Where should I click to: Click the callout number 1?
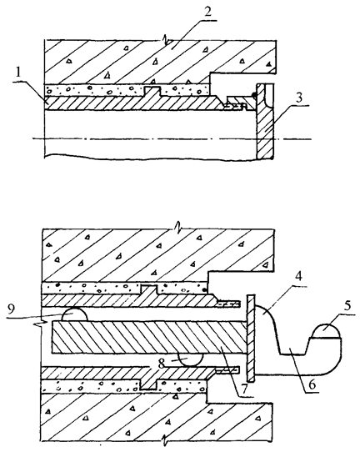pos(18,73)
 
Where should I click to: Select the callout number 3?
pos(299,98)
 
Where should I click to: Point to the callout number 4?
pos(298,277)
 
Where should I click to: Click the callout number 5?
pos(347,306)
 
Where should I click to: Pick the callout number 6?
pos(312,384)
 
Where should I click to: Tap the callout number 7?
pos(244,389)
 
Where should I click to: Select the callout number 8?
pos(161,364)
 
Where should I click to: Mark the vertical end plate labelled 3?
pos(265,121)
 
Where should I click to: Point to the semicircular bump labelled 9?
pos(74,314)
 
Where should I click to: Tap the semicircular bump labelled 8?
pos(191,359)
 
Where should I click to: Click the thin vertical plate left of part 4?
pos(251,338)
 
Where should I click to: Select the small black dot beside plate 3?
pos(254,95)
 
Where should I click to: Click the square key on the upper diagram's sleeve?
pos(152,91)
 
